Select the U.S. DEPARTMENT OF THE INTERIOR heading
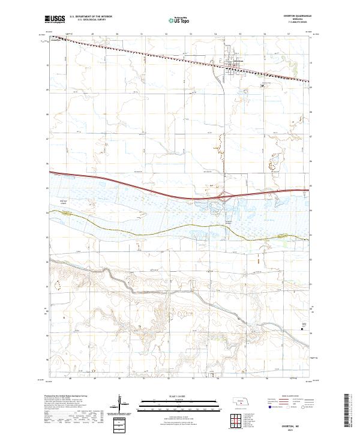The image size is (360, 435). (x=91, y=17)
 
